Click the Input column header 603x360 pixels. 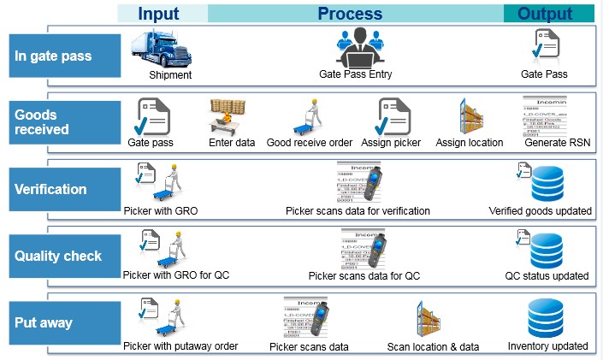click(158, 13)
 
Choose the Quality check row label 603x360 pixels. click(58, 256)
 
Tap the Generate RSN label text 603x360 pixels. click(557, 143)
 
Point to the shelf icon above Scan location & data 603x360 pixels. click(432, 319)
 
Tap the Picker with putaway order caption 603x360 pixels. click(180, 346)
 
